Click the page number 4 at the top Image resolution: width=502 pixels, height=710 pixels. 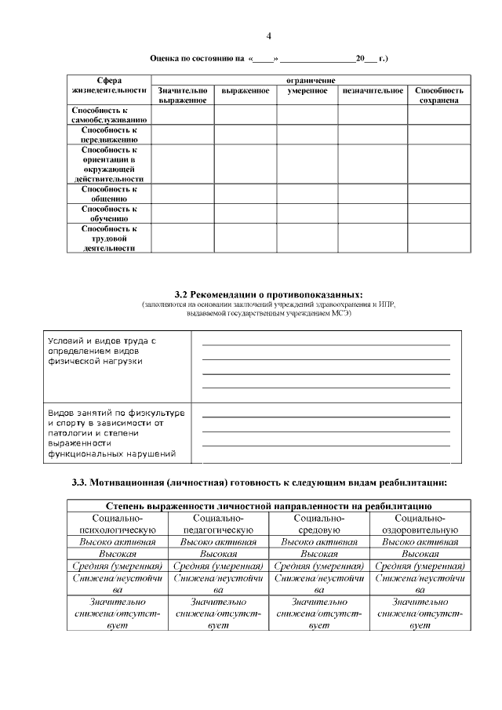268,36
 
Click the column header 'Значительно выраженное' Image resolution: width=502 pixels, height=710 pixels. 182,96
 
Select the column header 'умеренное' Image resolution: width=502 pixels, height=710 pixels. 307,91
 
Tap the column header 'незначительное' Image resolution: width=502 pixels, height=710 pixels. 373,91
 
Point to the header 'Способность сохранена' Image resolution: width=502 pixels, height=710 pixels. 438,96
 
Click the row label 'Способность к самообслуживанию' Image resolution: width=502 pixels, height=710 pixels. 107,115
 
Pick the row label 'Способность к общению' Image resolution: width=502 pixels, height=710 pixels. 107,194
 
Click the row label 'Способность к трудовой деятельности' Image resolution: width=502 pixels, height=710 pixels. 107,238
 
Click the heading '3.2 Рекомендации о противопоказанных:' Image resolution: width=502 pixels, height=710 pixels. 268,293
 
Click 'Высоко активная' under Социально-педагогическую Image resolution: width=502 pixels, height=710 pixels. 219,542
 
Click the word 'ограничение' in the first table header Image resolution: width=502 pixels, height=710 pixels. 311,80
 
